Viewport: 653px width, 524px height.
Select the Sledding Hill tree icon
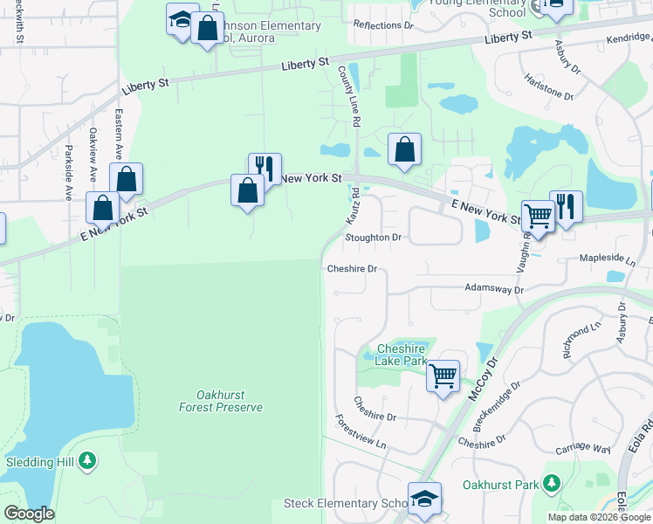coord(86,459)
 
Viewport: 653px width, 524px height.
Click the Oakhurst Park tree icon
coord(551,482)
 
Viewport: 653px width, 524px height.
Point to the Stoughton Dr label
coord(373,237)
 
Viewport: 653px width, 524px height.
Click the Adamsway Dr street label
coord(493,287)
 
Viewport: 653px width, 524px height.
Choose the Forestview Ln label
coord(361,431)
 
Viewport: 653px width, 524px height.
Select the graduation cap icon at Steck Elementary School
coord(424,499)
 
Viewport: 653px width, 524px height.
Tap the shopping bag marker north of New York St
coord(404,149)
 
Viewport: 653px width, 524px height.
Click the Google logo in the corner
coord(29,514)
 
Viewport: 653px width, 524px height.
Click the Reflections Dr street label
coord(382,25)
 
